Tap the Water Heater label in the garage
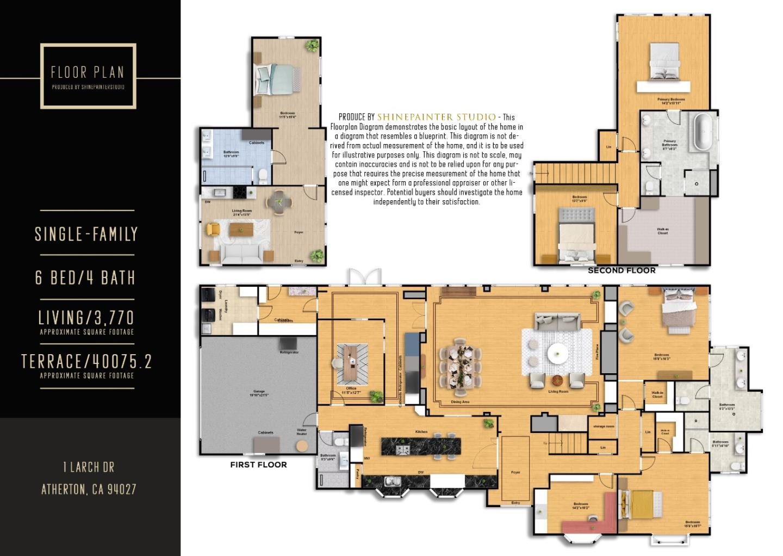point(302,431)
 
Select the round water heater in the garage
point(302,446)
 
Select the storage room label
point(603,427)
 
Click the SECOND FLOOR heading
point(622,270)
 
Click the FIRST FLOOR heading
point(258,465)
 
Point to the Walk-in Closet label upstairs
point(663,231)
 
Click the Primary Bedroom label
point(671,101)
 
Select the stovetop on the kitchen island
point(403,449)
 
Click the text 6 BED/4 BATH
point(85,278)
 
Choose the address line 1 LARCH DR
point(89,467)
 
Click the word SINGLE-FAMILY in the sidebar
point(86,234)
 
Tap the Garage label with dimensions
point(259,393)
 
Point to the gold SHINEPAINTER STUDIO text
point(436,117)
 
